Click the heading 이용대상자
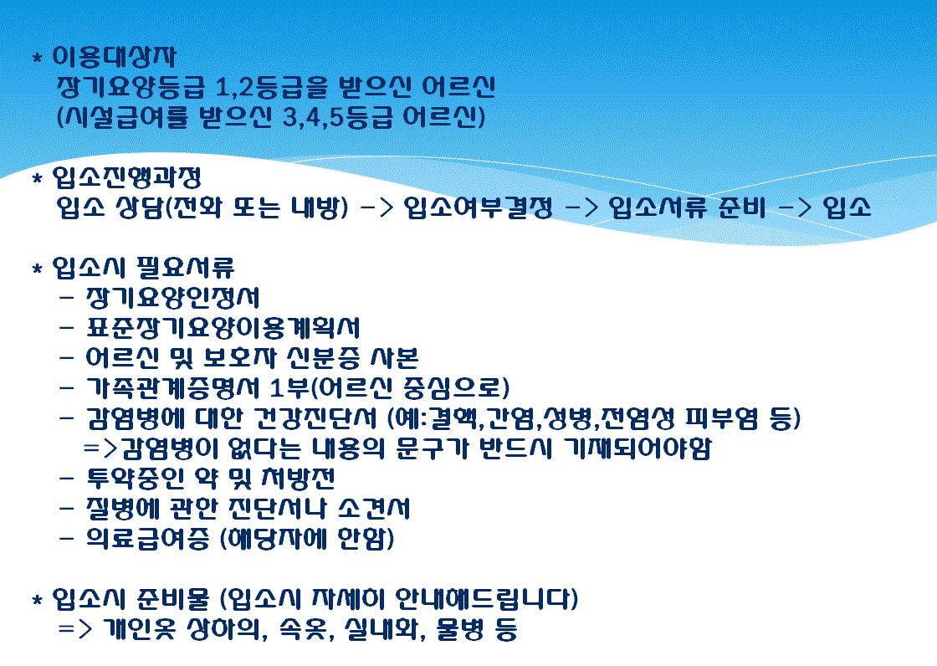[114, 57]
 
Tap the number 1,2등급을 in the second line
[271, 87]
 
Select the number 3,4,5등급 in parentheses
[337, 117]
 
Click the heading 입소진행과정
[126, 177]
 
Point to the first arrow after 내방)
[377, 207]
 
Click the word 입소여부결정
[478, 207]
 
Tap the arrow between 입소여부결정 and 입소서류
[581, 207]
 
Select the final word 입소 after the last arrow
[847, 207]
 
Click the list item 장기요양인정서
[173, 297]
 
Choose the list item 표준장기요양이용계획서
[223, 328]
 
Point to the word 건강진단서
[315, 418]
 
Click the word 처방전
[298, 479]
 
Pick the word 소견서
[374, 509]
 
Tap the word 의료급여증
[147, 539]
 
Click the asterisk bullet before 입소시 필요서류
[38, 269]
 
